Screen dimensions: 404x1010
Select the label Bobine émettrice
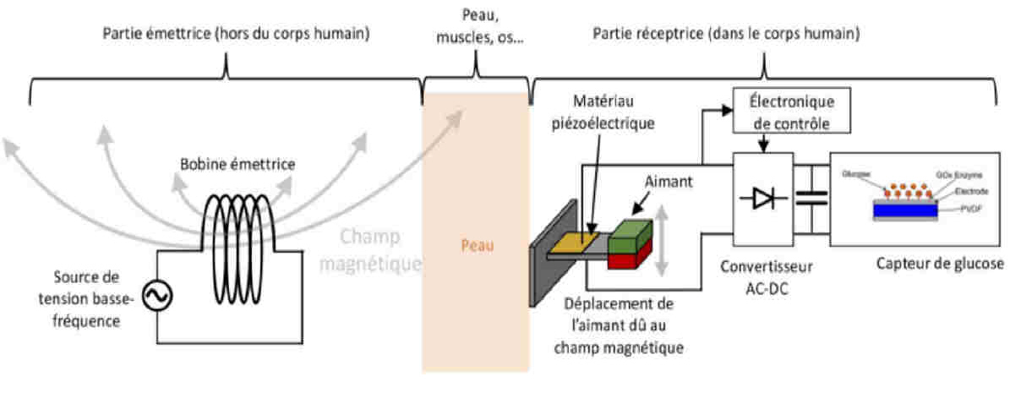pyautogui.click(x=237, y=164)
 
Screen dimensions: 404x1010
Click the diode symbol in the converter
pyautogui.click(x=764, y=199)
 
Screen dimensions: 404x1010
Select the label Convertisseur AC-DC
pyautogui.click(x=767, y=276)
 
